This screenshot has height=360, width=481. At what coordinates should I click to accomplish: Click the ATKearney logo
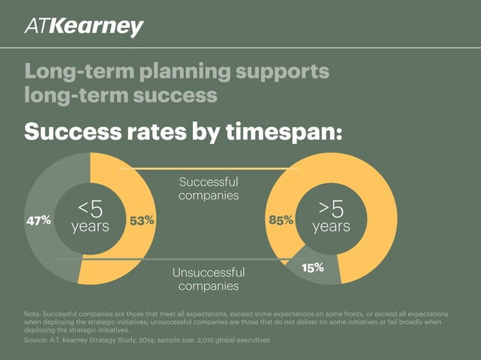(84, 28)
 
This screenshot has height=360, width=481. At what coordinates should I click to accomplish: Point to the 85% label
(280, 220)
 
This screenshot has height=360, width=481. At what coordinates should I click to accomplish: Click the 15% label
(311, 267)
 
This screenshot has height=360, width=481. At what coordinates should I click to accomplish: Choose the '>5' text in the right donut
(331, 208)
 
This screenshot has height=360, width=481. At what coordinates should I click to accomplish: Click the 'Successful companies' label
(209, 188)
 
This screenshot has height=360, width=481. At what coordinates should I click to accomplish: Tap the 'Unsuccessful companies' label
(209, 279)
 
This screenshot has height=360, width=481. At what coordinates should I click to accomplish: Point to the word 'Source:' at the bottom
(37, 340)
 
